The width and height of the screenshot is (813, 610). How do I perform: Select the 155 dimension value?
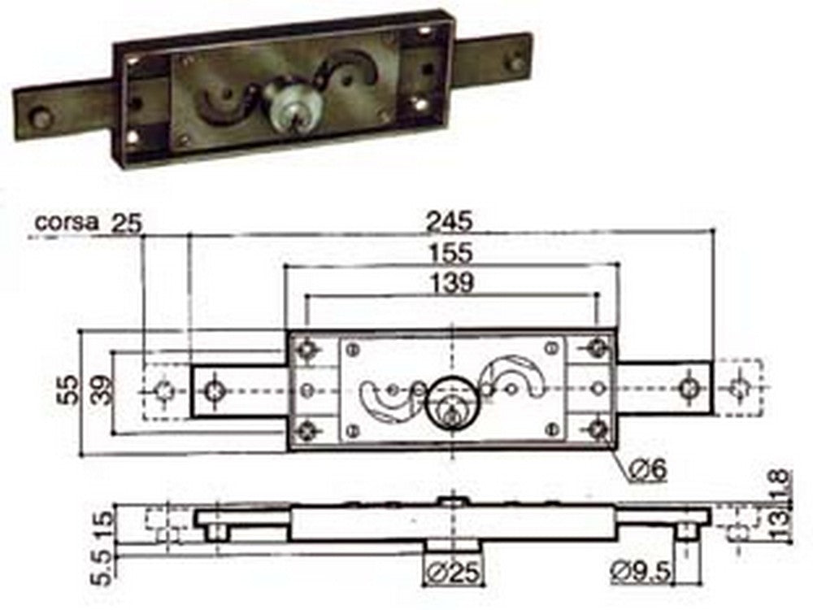tap(452, 252)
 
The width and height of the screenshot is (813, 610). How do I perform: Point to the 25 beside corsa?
tap(124, 220)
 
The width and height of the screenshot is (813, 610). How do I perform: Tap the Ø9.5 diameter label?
tap(641, 573)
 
